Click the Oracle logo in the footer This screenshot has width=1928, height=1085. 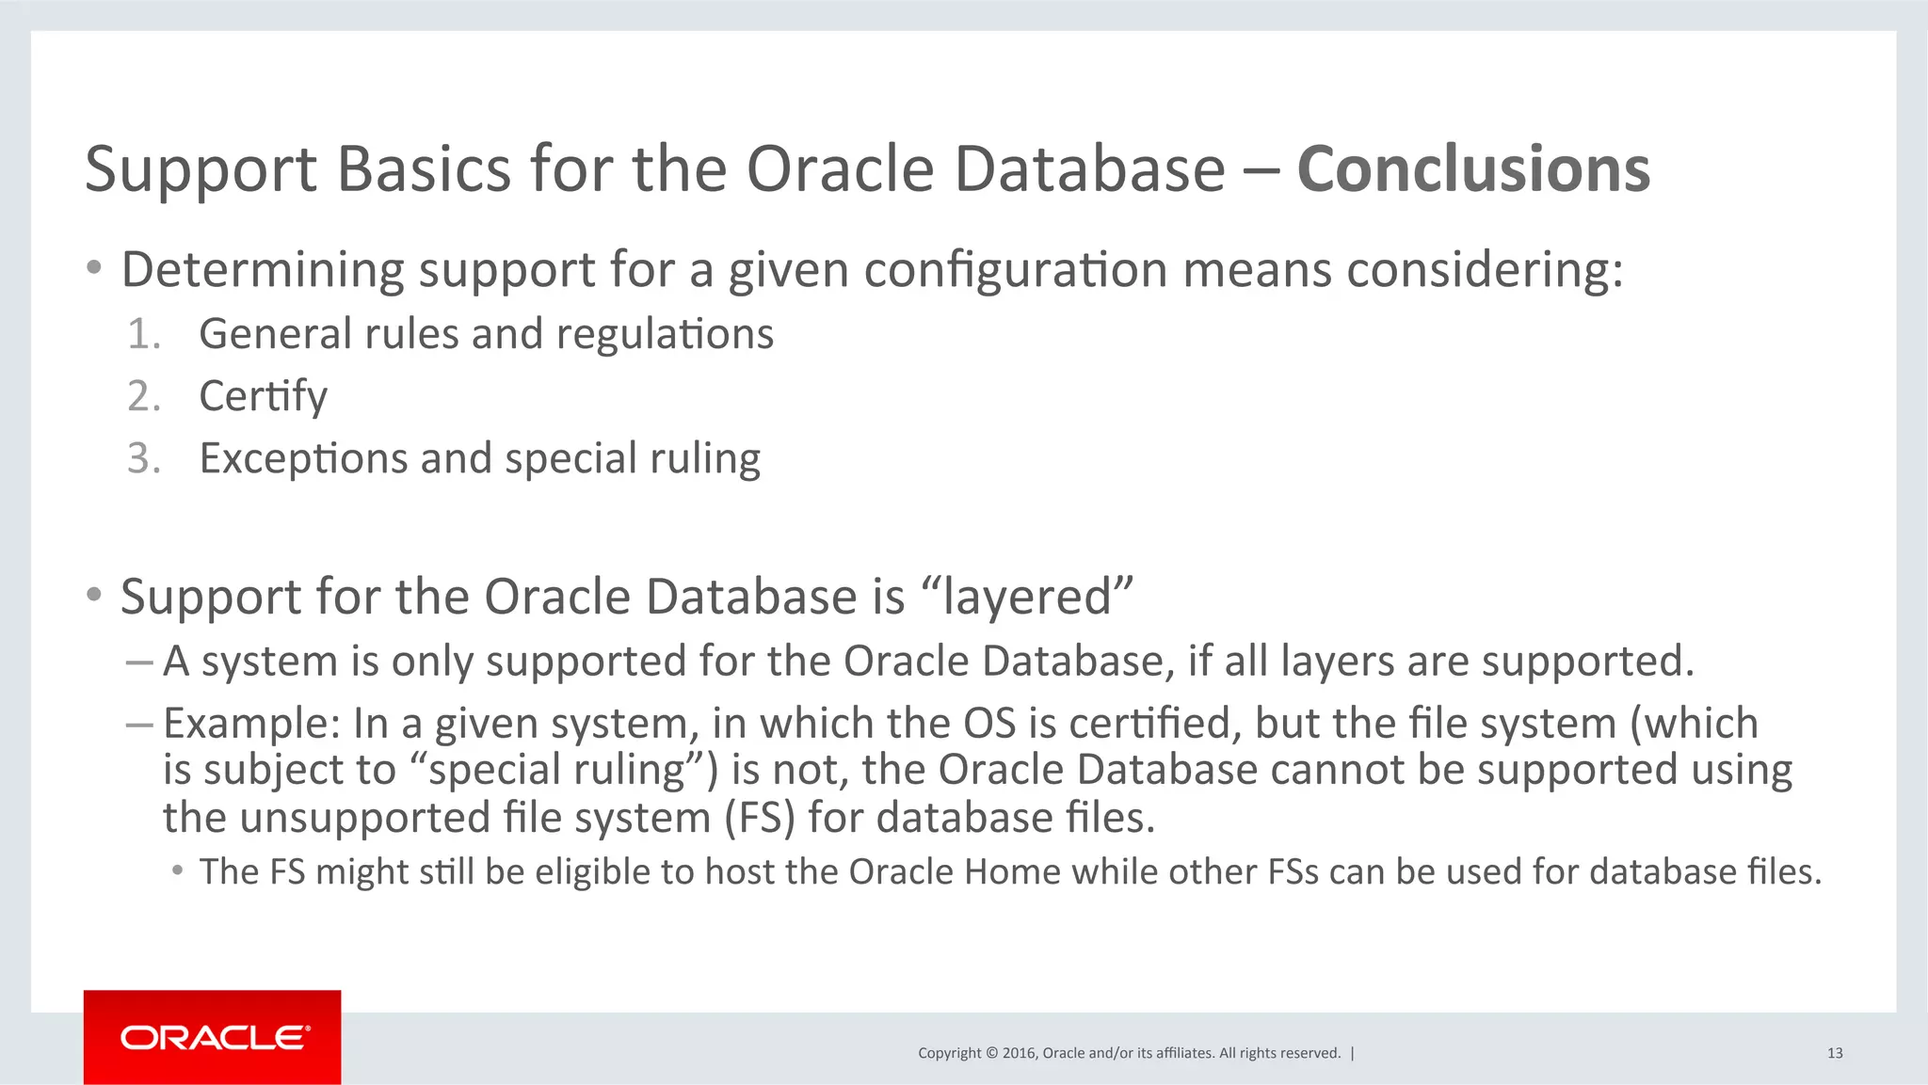[x=213, y=1037]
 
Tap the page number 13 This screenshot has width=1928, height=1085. [x=1834, y=1053]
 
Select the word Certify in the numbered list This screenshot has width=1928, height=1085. [x=264, y=396]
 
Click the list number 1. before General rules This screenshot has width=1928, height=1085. [x=144, y=334]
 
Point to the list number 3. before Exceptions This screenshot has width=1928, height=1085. [x=144, y=458]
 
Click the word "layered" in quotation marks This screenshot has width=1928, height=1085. [x=1027, y=597]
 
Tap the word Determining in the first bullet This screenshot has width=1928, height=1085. [x=263, y=270]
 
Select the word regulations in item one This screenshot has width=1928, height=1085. [x=665, y=334]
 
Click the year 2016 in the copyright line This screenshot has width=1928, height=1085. [x=1019, y=1053]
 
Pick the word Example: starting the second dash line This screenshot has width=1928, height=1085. [x=251, y=724]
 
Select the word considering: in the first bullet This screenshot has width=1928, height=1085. [x=1485, y=270]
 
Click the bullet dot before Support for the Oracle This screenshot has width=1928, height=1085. [x=93, y=595]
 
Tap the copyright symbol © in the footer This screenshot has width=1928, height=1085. [x=990, y=1053]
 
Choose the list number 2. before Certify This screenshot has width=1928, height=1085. [x=144, y=396]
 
